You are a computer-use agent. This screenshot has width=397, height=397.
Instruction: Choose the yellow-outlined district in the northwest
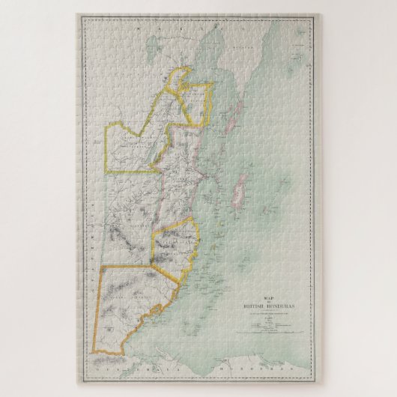[135, 150]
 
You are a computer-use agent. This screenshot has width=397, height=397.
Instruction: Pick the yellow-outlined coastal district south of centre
[176, 243]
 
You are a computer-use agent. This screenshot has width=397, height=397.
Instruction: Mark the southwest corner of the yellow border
[94, 353]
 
